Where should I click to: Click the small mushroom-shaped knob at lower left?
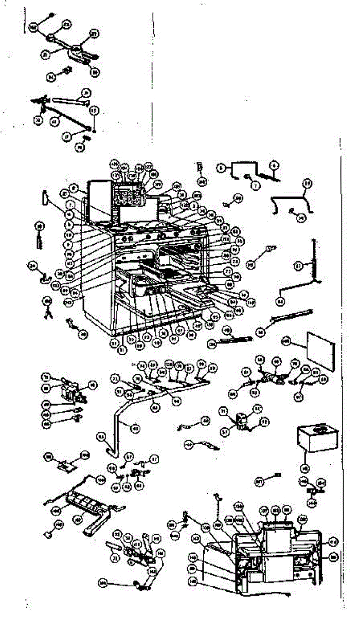click(x=47, y=535)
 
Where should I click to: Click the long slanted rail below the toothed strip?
click(x=292, y=319)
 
